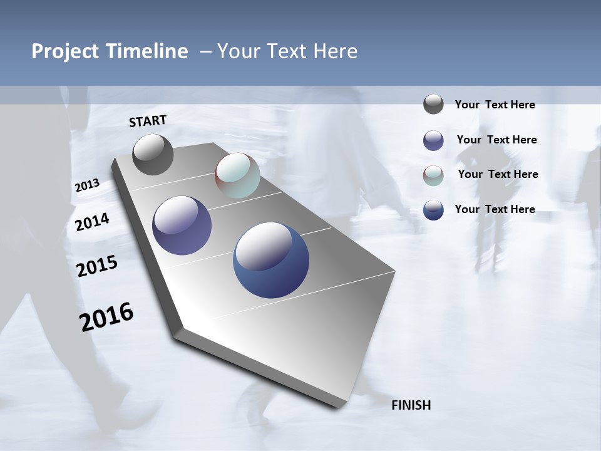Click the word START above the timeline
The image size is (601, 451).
(x=148, y=121)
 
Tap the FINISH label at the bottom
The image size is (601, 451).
(x=411, y=405)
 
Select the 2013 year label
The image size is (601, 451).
(x=87, y=185)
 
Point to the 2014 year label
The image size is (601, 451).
(x=92, y=222)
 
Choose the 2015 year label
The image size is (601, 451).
(x=97, y=266)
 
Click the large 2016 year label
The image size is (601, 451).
(x=106, y=317)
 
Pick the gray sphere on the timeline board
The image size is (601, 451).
(x=153, y=154)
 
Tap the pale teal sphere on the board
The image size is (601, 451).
(x=237, y=175)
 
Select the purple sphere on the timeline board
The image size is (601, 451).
(x=182, y=225)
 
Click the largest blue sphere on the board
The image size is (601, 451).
(x=271, y=260)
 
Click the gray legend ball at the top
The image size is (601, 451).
(x=433, y=104)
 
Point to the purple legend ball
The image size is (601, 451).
(x=433, y=140)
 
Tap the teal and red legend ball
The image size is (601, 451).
(x=433, y=175)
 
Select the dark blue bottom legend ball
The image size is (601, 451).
(x=433, y=210)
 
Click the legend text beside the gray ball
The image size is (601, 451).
(x=495, y=105)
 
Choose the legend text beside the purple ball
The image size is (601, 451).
(x=496, y=140)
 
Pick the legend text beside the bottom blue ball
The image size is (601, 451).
(x=495, y=209)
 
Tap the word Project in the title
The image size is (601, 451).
(x=64, y=51)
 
